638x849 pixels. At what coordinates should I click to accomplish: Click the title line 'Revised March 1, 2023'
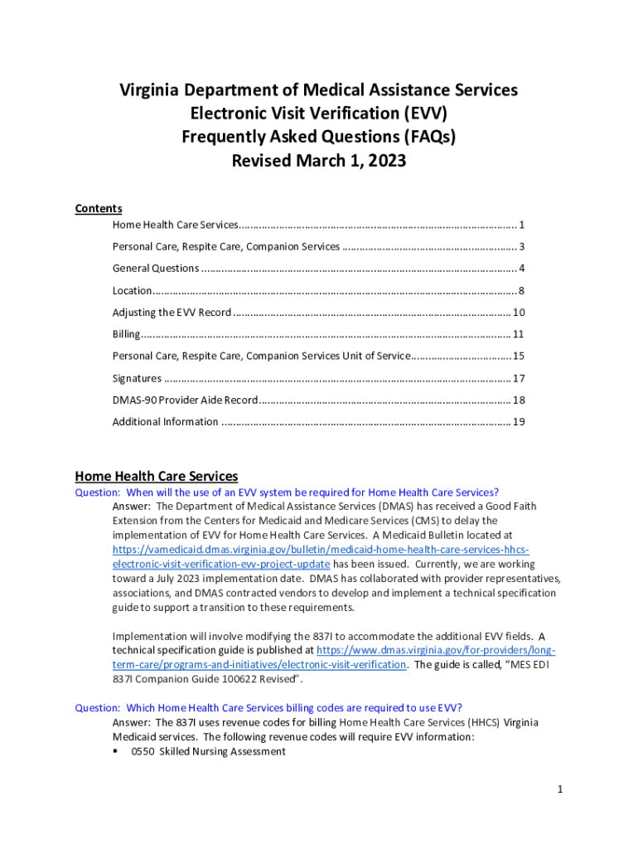(x=319, y=161)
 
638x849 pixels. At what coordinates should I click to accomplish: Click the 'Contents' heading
(x=99, y=209)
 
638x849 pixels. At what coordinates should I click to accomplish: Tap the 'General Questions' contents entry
(x=156, y=268)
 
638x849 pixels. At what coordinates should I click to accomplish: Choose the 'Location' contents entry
(x=132, y=290)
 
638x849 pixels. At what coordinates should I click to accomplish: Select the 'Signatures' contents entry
(x=137, y=378)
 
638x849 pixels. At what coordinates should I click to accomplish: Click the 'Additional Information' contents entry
(x=165, y=421)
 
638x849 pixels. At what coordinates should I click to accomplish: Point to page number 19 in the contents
(x=519, y=421)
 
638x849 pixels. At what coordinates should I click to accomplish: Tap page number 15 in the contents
(x=519, y=356)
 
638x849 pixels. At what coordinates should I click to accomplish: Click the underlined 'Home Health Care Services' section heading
(x=157, y=476)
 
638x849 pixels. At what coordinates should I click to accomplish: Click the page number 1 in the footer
(x=560, y=789)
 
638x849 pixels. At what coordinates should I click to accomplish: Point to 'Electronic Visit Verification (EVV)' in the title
(x=319, y=113)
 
